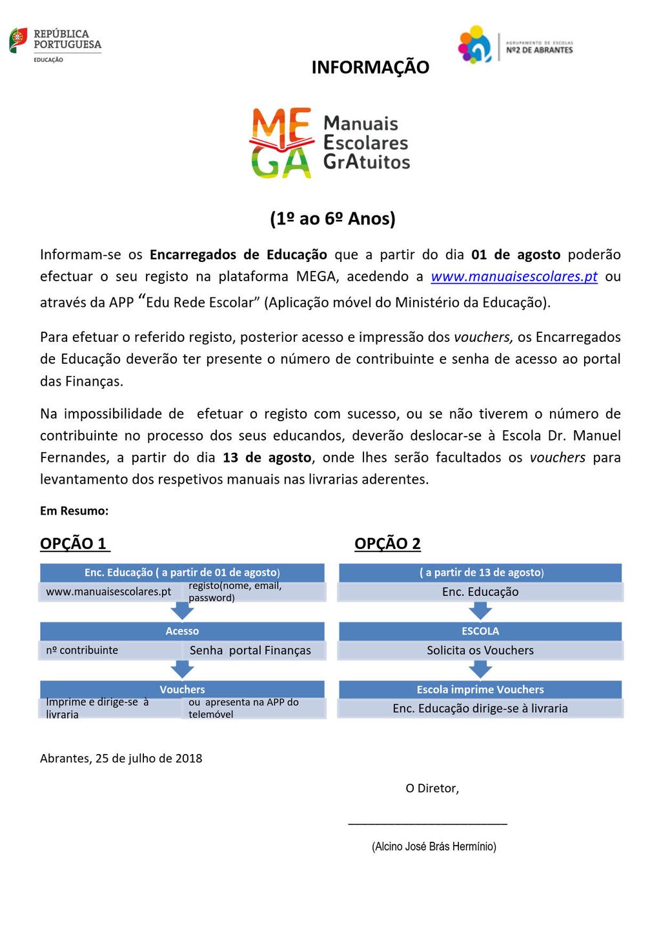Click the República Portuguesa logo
[x=56, y=43]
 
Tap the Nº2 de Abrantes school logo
[x=515, y=45]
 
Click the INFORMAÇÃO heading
[x=370, y=67]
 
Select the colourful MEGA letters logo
[x=281, y=143]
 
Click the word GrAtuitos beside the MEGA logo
[x=367, y=162]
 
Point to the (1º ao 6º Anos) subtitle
[x=332, y=219]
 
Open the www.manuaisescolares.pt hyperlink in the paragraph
[x=514, y=277]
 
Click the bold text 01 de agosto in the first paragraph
[x=515, y=255]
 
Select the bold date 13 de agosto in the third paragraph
[x=267, y=458]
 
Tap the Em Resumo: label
[x=74, y=511]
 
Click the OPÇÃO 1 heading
[x=74, y=544]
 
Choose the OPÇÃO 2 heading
[x=387, y=544]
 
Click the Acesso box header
[x=182, y=631]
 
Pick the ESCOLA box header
[x=480, y=631]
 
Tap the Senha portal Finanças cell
[x=250, y=650]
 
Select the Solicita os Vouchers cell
[x=480, y=650]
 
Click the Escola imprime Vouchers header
[x=480, y=690]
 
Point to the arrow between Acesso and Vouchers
[x=182, y=670]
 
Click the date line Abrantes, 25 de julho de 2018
[x=121, y=759]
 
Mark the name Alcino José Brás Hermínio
[x=434, y=846]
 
